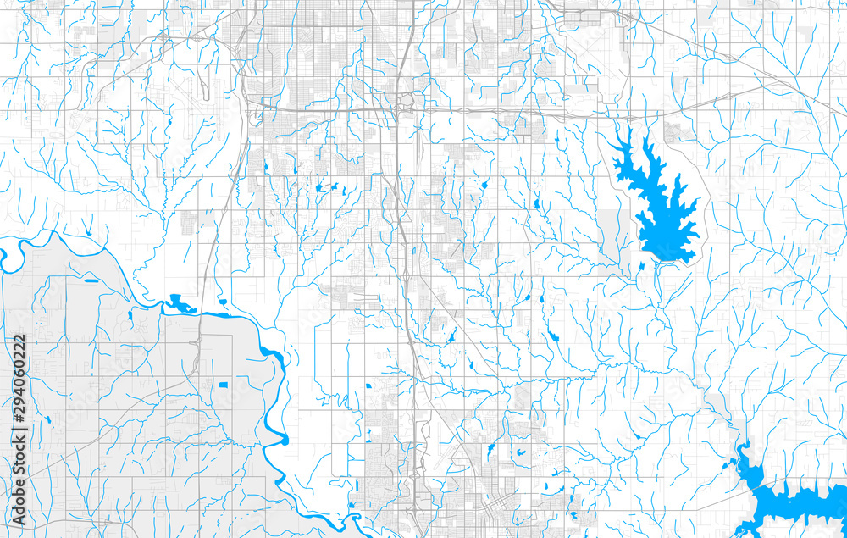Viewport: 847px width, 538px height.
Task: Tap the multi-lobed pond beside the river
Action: pyautogui.click(x=180, y=302)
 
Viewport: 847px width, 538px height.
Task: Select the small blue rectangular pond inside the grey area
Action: pyautogui.click(x=223, y=385)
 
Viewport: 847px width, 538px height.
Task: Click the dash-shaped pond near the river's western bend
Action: pyautogui.click(x=90, y=280)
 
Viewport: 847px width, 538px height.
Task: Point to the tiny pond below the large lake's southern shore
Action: pyautogui.click(x=641, y=266)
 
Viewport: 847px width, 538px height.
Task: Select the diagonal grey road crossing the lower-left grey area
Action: pyautogui.click(x=102, y=424)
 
